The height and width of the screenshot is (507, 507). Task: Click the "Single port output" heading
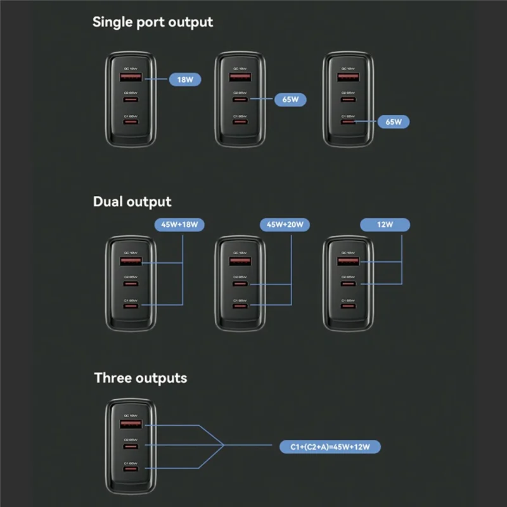point(153,22)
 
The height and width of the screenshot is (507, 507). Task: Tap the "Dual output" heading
point(132,202)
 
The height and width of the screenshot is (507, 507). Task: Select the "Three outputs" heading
point(141,378)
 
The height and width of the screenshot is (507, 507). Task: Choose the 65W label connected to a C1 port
point(394,121)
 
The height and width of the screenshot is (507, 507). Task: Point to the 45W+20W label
point(285,224)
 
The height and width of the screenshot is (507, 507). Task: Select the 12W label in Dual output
point(385,224)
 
